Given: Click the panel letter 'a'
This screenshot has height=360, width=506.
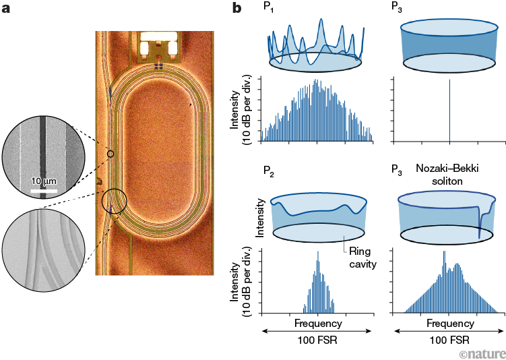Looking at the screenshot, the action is (6, 9).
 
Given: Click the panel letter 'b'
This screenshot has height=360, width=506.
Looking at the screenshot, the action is (236, 7).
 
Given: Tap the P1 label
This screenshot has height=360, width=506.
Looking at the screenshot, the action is (269, 7).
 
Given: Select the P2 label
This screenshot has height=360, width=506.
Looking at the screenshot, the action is (269, 171).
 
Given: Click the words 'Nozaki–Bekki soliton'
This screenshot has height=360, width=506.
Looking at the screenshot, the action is (447, 175).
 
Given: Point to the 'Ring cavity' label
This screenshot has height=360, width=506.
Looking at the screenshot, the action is (363, 258).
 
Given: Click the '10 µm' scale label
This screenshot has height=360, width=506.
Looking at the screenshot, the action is (44, 181).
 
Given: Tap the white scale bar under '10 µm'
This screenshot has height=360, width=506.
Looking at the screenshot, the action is (44, 191).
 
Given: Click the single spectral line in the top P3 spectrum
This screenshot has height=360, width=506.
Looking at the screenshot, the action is (449, 111).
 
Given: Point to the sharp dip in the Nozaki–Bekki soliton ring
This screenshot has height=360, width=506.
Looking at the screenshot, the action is (480, 222).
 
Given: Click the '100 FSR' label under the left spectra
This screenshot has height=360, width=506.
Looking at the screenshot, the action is (317, 340).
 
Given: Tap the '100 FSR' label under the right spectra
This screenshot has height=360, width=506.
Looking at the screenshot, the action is (449, 340).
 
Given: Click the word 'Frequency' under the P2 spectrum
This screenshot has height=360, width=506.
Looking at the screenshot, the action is (318, 323).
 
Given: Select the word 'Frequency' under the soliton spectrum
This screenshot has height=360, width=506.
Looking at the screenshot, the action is (450, 323).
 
